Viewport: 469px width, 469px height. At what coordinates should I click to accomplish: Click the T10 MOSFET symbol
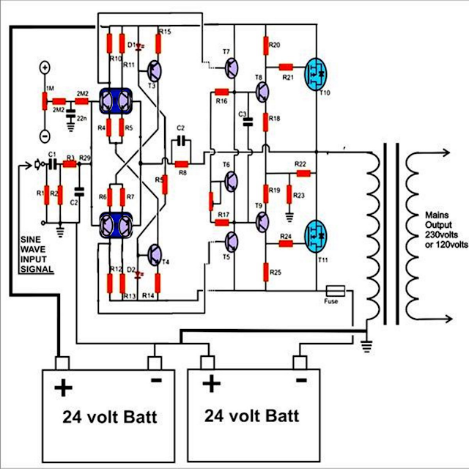coord(317,72)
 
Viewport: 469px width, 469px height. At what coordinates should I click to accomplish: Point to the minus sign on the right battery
coord(300,383)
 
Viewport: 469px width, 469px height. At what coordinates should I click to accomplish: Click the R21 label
coord(288,76)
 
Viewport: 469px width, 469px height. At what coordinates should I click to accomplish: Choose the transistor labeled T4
coord(156,254)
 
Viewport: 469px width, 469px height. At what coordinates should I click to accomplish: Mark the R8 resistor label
coord(182,173)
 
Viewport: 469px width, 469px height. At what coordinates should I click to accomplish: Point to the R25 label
coord(276,273)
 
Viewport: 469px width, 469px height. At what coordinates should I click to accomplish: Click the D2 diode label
coord(130,270)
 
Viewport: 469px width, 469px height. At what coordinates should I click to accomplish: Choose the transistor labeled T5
coord(232,242)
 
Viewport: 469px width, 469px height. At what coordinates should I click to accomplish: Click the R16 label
coord(222,100)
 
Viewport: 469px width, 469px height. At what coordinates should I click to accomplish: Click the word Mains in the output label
coord(437,215)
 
